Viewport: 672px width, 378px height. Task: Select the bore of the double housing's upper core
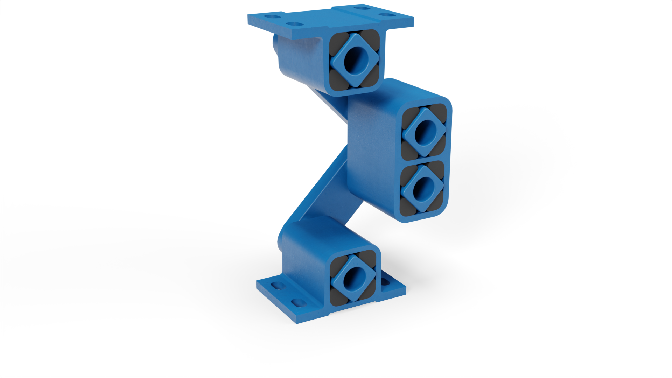click(423, 132)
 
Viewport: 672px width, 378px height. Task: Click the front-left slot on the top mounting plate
click(295, 24)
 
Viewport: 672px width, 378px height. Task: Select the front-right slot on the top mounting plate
click(386, 15)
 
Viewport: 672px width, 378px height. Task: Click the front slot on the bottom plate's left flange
click(298, 302)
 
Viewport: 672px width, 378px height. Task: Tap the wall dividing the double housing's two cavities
click(423, 159)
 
